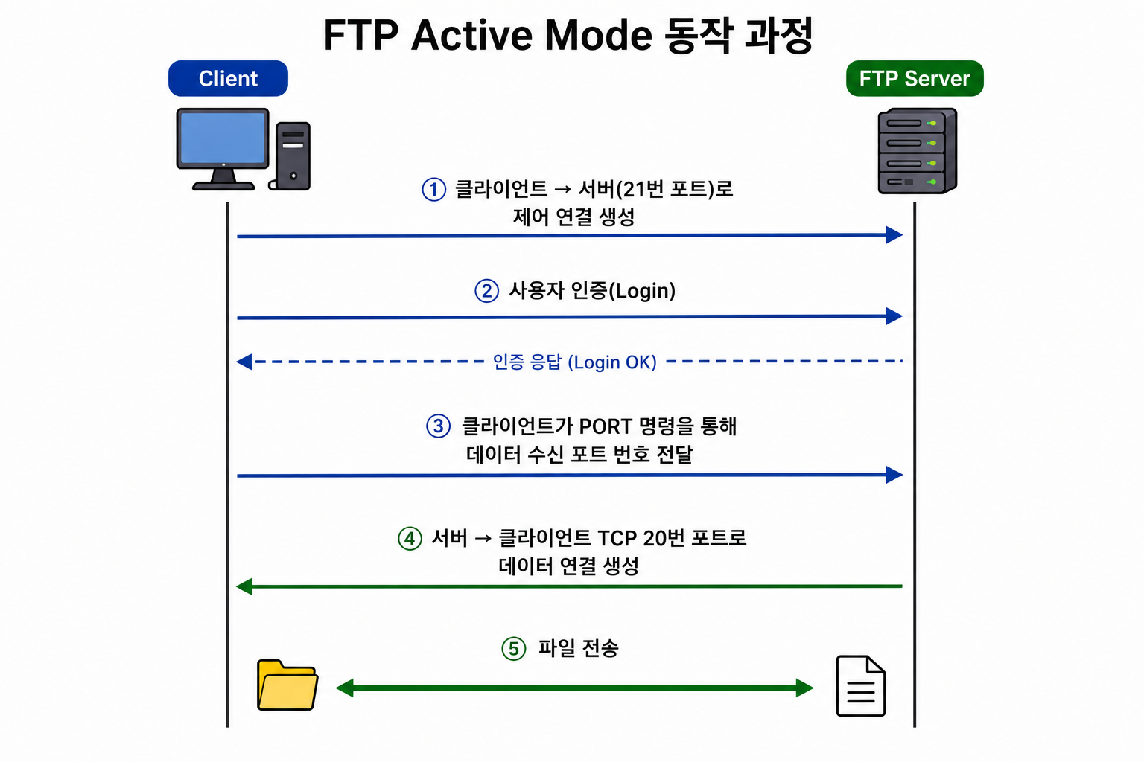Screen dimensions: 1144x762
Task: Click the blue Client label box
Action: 228,78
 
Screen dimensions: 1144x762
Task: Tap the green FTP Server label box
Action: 915,78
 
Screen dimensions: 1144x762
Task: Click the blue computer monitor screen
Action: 223,137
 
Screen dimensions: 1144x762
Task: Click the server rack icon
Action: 918,150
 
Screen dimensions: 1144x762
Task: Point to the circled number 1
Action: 433,189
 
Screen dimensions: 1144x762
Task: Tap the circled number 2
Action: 486,291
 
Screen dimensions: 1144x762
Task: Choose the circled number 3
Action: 438,426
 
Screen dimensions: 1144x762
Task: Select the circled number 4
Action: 410,539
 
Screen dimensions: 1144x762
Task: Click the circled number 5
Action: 514,649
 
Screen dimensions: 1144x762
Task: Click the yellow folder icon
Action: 287,685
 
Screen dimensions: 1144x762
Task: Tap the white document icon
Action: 860,685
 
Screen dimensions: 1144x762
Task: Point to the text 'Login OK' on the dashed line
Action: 615,362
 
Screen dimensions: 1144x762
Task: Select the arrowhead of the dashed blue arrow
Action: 244,362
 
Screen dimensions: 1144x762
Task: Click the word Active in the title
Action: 471,35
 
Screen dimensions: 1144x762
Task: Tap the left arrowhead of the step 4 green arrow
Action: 244,586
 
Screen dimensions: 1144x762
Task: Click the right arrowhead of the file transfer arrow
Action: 805,688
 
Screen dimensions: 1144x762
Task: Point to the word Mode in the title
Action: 599,35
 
